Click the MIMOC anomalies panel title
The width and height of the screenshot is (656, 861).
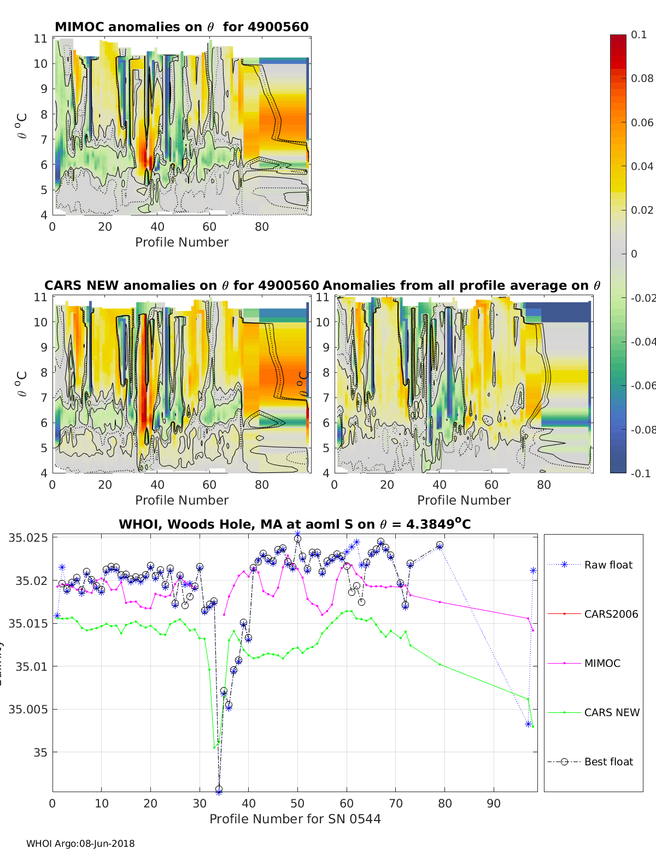[181, 27]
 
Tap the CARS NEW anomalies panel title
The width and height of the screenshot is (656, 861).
[181, 285]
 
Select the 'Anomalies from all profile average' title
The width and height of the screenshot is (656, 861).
[461, 285]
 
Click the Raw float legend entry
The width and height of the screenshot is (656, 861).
[608, 565]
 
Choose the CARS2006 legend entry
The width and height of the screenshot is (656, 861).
[611, 614]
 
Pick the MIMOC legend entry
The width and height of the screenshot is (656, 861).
[602, 663]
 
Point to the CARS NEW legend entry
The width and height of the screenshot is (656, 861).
[611, 712]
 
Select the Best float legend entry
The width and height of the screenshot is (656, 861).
[608, 762]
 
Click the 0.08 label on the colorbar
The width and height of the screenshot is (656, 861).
[642, 78]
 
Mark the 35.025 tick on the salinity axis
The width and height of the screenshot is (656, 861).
[28, 537]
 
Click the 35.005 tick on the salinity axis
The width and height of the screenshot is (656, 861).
[28, 709]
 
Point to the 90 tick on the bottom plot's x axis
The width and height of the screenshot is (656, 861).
[494, 803]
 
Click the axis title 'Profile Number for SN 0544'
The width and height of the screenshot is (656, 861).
[295, 818]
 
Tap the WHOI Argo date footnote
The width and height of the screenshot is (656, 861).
[80, 844]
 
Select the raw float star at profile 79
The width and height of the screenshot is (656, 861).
[440, 546]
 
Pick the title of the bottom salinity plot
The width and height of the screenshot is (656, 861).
[295, 524]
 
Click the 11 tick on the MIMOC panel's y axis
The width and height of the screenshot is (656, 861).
[40, 38]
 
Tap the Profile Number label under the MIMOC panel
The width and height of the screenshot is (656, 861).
[181, 242]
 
